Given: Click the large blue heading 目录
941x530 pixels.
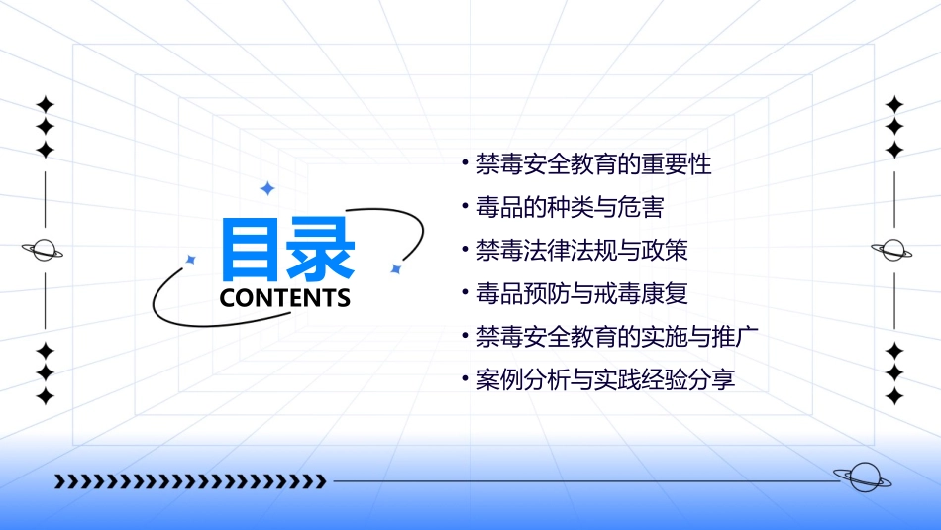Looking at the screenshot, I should pos(287,249).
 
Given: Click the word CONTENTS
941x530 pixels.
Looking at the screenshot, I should pos(285,298).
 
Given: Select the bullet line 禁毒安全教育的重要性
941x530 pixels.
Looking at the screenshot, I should pos(593,164).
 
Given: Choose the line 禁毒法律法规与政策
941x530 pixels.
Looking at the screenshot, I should pos(581,251).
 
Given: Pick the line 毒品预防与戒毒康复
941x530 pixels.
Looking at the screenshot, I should pos(581,294).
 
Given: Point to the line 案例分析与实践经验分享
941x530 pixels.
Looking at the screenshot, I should pos(605,379).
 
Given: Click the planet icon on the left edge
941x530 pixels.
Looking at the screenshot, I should pos(44,250).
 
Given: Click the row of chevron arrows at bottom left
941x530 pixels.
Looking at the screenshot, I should pos(190,481).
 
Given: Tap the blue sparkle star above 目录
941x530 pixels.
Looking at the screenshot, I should pos(266,188).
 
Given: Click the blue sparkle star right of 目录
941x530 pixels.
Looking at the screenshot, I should pos(395,268).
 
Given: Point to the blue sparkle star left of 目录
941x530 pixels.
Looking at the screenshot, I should pos(191,260).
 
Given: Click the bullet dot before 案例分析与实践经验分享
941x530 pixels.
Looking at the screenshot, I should pos(466,379).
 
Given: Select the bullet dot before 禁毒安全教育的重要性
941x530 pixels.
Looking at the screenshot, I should pos(466,164).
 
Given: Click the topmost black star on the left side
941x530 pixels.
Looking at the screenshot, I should pos(45,105).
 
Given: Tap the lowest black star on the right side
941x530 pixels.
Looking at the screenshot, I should pos(894,396).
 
